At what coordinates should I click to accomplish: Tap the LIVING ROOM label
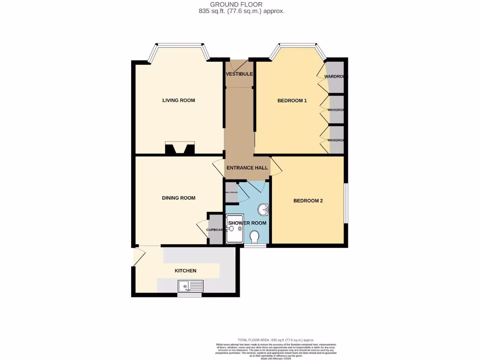pos(179,100)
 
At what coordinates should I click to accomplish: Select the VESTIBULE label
pos(239,74)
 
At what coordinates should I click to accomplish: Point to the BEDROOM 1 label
pos(292,100)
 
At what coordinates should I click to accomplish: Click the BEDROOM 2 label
pos(308,201)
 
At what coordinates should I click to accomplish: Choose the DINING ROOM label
pos(179,198)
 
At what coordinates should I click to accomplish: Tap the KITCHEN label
pos(186,270)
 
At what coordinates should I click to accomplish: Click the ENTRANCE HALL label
pos(247,168)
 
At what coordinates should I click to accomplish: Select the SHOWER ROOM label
pos(247,223)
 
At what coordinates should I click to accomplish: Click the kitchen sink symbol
pos(190,285)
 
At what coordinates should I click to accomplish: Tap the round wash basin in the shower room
pos(263,209)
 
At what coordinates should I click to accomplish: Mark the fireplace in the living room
pos(180,149)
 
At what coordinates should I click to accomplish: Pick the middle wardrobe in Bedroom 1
pos(336,110)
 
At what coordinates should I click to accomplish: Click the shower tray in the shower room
pos(234,229)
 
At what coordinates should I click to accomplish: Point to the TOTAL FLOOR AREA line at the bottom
pos(276,340)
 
